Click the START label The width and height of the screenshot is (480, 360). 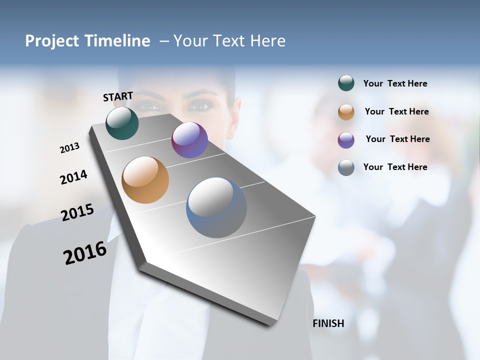118,96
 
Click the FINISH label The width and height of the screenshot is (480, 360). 328,323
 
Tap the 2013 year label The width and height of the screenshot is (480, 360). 70,147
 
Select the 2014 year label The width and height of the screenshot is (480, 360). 74,177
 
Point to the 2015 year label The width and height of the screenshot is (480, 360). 77,212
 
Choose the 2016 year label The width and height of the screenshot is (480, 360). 85,252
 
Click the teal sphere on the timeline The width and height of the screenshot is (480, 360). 122,123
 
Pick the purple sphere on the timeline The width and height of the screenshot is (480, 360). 189,140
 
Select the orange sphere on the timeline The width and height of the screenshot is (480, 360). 145,180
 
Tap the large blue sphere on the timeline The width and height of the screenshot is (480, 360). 216,207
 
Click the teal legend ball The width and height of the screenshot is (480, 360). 346,83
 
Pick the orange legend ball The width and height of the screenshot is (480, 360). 346,111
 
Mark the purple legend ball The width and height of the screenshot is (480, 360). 346,139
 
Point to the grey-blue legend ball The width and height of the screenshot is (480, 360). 346,167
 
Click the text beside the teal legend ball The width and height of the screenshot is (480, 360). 395,83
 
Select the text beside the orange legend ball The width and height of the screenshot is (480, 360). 396,111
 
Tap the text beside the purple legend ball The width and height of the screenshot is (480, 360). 397,139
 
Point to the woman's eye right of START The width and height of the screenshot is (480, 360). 200,105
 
